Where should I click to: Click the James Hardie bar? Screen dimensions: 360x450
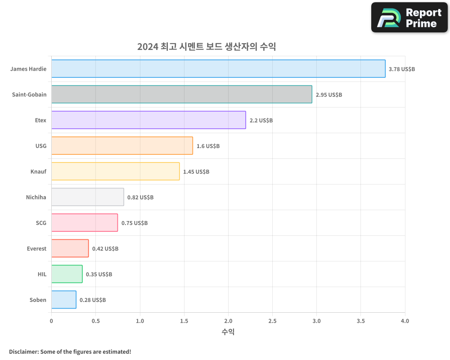pos(218,69)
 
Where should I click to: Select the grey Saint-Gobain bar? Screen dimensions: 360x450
pos(181,94)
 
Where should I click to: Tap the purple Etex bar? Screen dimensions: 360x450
pos(148,120)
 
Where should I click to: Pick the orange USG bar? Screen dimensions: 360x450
pos(122,146)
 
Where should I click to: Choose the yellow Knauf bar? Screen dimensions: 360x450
pos(115,171)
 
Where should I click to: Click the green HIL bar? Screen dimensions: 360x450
pos(67,274)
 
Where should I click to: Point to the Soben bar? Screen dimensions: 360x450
pos(63,300)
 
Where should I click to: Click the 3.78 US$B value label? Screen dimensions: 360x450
pos(402,69)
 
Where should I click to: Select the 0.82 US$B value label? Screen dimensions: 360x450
pos(140,198)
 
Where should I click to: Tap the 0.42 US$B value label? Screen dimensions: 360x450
pos(105,249)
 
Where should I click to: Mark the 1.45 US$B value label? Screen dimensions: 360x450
pos(196,172)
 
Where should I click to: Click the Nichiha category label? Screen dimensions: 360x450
pos(36,197)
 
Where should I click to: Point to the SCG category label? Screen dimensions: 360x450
pos(41,223)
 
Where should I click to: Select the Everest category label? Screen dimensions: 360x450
pos(36,248)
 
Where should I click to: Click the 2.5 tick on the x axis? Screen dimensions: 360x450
pos(272,321)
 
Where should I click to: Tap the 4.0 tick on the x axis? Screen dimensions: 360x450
pos(405,321)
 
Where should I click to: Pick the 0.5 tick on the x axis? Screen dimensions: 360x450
pos(95,321)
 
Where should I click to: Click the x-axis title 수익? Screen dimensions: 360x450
pos(228,332)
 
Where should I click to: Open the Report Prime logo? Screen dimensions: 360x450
pos(409,18)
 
